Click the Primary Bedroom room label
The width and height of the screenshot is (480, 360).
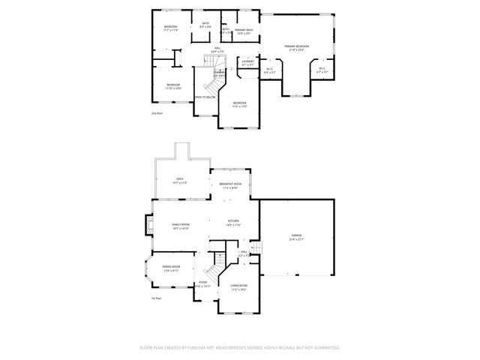(297, 46)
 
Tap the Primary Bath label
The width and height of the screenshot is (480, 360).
(244, 29)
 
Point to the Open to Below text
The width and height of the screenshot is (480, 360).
(205, 97)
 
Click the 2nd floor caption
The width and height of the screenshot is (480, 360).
(157, 113)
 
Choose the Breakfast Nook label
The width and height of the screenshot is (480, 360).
(230, 184)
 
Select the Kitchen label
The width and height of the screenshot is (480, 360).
(233, 220)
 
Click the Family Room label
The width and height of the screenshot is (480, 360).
(181, 225)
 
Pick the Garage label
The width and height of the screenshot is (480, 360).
(297, 235)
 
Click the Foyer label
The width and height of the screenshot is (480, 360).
(203, 282)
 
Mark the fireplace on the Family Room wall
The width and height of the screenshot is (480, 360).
(148, 224)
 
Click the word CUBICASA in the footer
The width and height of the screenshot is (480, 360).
(235, 348)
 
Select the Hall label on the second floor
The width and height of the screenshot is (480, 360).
(217, 48)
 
